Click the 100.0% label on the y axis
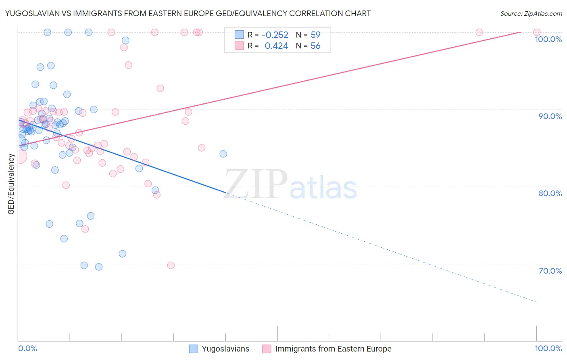coord(548,39)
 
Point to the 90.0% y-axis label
coord(550,116)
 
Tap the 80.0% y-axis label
coord(550,193)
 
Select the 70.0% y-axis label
coord(550,271)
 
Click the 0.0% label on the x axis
coord(27,349)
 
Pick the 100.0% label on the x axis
coord(548,349)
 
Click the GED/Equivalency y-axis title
coord(11,184)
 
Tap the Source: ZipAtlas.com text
coord(531,14)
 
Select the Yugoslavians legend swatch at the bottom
coord(194,349)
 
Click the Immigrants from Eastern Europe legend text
coord(333,349)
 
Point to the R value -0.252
coord(275,35)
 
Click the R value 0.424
coord(276,46)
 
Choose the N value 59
coord(315,35)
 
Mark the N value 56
coord(315,46)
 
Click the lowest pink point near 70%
coord(171,265)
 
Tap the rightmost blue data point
coord(223,154)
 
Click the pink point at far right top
coord(537,32)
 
